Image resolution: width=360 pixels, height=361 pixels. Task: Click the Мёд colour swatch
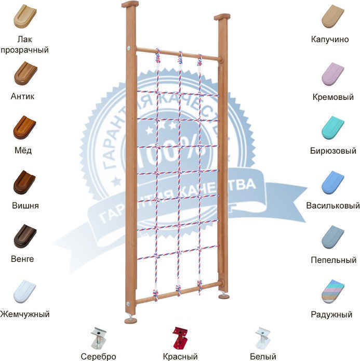(24, 127)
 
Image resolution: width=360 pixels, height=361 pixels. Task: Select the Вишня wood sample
(24, 183)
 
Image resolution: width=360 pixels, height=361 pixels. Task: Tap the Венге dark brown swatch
(25, 236)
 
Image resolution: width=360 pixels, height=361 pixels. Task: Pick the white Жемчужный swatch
(24, 291)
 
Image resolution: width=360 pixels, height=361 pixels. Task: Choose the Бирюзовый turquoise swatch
(332, 128)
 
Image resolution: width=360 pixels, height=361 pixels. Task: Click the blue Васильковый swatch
(332, 183)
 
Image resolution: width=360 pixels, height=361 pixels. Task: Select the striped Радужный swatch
(332, 292)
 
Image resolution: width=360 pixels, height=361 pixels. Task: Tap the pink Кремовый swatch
(332, 74)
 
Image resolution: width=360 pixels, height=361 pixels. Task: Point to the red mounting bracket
(180, 338)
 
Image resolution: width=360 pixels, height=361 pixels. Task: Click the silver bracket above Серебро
(98, 338)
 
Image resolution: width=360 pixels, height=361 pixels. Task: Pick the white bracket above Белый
(263, 338)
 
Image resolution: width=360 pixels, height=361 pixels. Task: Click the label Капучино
(330, 39)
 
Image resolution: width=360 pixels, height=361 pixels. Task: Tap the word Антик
(22, 96)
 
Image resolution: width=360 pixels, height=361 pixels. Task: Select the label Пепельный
(334, 260)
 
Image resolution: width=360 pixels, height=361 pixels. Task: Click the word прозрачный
(24, 50)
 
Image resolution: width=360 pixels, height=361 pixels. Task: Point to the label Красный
(180, 356)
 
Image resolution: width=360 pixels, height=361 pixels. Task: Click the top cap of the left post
(130, 4)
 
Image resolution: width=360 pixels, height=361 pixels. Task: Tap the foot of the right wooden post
(224, 296)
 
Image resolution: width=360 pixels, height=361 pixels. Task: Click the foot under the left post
(130, 320)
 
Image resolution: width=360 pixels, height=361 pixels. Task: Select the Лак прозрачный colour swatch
(25, 16)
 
